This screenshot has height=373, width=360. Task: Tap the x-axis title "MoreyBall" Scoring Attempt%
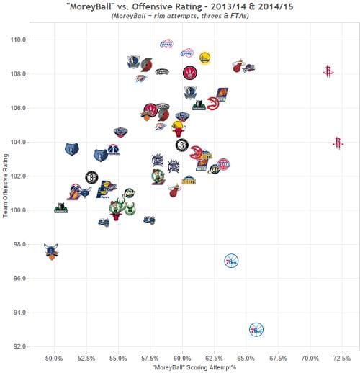(x=189, y=367)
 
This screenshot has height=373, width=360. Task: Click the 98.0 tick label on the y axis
(x=17, y=244)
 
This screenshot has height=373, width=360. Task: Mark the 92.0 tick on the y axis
(x=17, y=346)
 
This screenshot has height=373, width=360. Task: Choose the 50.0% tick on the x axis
(x=54, y=358)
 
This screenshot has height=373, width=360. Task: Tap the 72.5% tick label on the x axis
(x=341, y=358)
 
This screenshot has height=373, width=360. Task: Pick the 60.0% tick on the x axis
(x=182, y=358)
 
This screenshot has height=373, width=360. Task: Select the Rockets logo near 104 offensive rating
(x=338, y=143)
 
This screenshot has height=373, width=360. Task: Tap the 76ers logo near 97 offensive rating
(x=231, y=260)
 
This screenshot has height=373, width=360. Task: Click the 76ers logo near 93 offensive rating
(x=256, y=329)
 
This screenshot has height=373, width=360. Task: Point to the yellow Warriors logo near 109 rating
(x=205, y=57)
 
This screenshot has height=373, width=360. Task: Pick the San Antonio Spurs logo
(x=163, y=72)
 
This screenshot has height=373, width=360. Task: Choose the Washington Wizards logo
(x=113, y=150)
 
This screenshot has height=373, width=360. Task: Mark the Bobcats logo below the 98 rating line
(x=51, y=251)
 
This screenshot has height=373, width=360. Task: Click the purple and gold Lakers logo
(x=74, y=192)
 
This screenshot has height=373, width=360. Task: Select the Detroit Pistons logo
(x=223, y=164)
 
